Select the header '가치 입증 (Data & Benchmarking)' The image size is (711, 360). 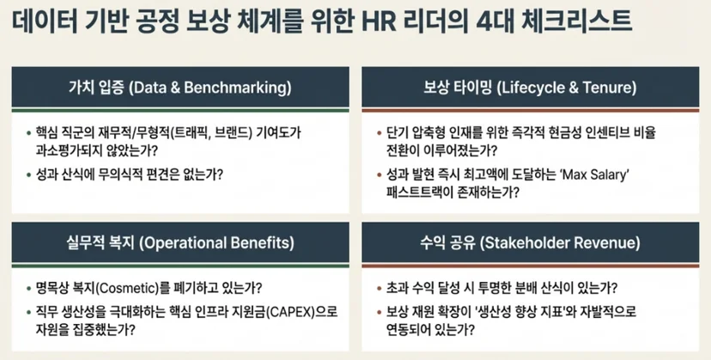pos(180,87)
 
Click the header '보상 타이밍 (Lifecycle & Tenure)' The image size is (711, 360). pos(530,87)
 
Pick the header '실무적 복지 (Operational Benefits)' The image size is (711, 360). pos(180,242)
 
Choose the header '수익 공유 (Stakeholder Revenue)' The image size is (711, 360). pos(530,242)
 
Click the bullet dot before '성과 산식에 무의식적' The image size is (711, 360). pos(28,174)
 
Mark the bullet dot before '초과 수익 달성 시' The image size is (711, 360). pos(379,289)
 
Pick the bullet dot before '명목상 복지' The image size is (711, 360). pos(28,289)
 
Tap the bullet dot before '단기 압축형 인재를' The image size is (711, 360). pos(379,133)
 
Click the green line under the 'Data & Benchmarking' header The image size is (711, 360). pos(180,110)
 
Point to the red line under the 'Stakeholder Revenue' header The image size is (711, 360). pos(530,265)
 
